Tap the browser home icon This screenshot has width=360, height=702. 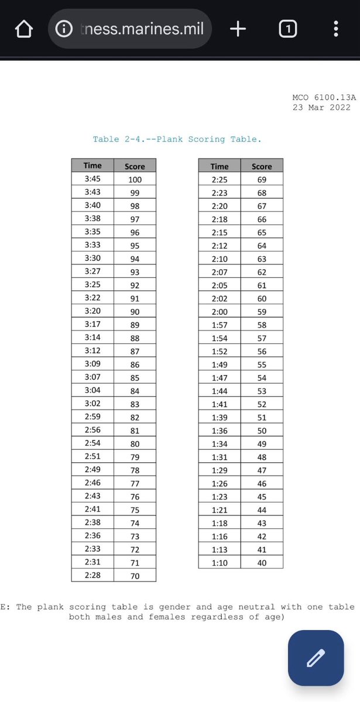tap(23, 29)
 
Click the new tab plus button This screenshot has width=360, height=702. tap(238, 29)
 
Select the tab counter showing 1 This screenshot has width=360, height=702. tap(287, 29)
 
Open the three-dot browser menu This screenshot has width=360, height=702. tap(335, 29)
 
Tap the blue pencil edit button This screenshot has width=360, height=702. tap(316, 658)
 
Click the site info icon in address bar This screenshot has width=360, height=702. tap(64, 29)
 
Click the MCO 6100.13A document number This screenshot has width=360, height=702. tap(324, 97)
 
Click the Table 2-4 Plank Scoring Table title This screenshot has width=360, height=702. tap(177, 139)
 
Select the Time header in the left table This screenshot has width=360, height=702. tap(92, 166)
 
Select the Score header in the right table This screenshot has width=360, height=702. tap(262, 166)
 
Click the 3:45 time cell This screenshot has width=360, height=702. tap(92, 179)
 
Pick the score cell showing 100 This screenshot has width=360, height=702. tap(135, 180)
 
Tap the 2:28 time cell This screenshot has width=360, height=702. tap(92, 575)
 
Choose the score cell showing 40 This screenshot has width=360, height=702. tap(262, 563)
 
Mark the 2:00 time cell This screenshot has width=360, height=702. tap(220, 311)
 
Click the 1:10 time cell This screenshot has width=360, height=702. tap(220, 563)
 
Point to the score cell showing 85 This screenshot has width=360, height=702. tap(135, 377)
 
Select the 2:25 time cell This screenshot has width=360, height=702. tap(220, 179)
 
